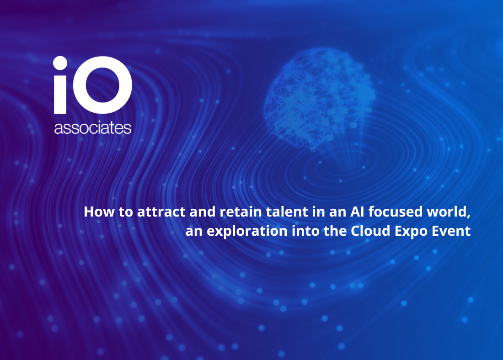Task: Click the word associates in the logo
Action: tap(93, 128)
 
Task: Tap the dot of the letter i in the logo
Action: tap(60, 63)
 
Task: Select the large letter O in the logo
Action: tap(102, 85)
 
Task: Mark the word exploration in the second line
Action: tap(247, 231)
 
